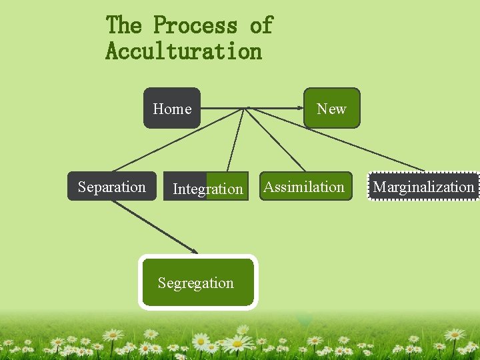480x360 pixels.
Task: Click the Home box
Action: click(172, 108)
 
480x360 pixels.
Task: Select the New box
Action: click(331, 108)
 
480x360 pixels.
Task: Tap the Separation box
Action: click(111, 187)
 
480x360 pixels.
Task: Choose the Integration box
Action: click(207, 188)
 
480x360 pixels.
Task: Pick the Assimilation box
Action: click(304, 187)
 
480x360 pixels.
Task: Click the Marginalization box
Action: click(423, 187)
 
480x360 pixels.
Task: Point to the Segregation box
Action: click(197, 283)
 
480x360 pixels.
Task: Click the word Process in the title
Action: click(195, 25)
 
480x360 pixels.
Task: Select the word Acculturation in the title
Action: click(183, 51)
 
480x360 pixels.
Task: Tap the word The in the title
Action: click(124, 25)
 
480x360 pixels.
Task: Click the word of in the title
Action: click(261, 25)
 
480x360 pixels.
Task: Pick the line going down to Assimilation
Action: click(277, 139)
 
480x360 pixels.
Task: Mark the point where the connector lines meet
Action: click(247, 108)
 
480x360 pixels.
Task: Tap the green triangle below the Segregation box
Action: click(305, 321)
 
